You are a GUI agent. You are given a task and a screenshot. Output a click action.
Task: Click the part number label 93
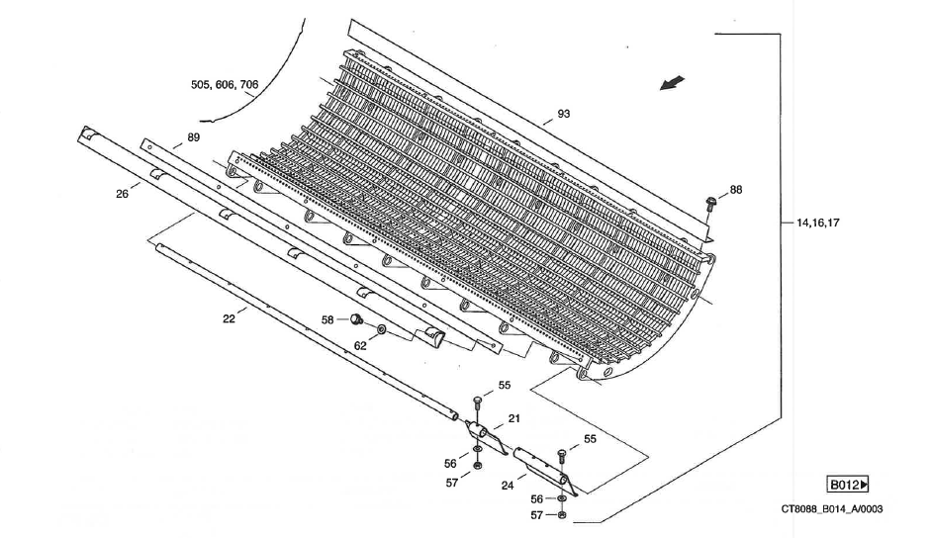click(x=563, y=114)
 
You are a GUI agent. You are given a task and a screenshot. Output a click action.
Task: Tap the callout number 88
click(x=735, y=189)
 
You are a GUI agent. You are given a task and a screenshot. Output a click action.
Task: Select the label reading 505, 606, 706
click(x=226, y=85)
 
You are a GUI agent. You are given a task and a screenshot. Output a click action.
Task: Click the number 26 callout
click(x=122, y=194)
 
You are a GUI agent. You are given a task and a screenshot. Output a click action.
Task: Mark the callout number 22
click(x=229, y=318)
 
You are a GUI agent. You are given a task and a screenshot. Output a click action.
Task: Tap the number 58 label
click(x=327, y=319)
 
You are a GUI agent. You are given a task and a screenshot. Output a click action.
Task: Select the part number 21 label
click(x=513, y=419)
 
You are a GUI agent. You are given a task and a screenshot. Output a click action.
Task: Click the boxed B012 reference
click(x=848, y=485)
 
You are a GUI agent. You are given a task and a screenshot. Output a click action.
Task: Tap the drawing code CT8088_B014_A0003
click(x=832, y=509)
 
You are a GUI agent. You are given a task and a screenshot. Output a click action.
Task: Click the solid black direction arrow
click(x=673, y=85)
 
